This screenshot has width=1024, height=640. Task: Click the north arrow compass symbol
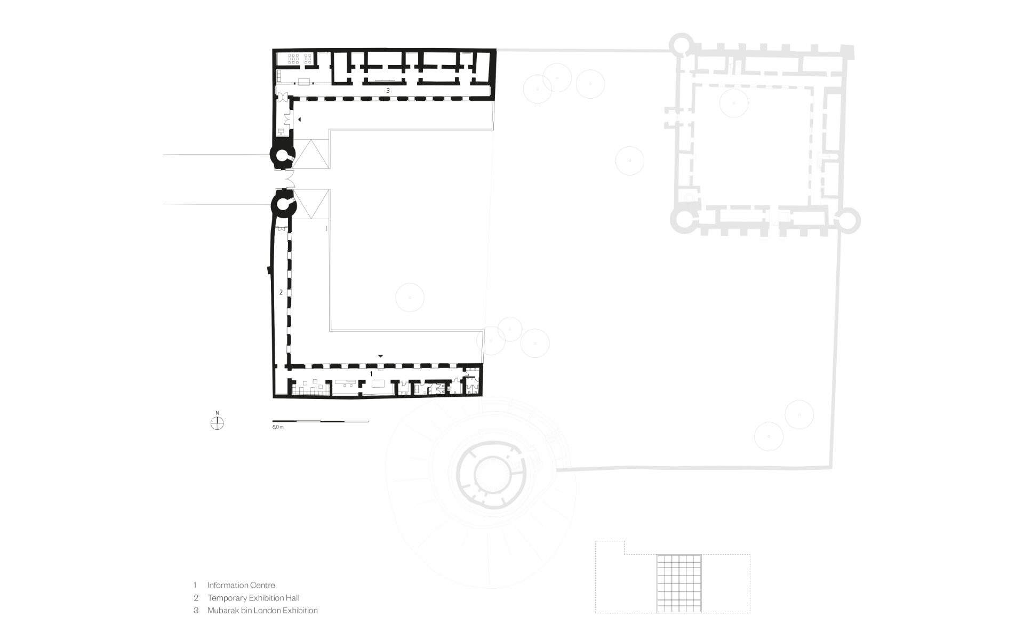(x=217, y=423)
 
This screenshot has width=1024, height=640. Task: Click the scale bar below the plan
(x=320, y=421)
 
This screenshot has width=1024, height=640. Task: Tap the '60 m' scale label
(x=278, y=428)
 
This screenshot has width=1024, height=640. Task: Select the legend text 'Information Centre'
(x=241, y=585)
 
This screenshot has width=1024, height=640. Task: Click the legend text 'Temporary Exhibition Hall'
(x=253, y=598)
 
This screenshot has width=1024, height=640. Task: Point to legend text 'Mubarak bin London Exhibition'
(x=262, y=611)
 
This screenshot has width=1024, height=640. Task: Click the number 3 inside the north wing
(x=388, y=91)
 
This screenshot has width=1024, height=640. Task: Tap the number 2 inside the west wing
(x=281, y=292)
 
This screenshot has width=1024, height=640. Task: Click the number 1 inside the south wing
(x=371, y=374)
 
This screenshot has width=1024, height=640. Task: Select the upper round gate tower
(x=282, y=155)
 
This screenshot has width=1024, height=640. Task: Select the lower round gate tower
(x=283, y=205)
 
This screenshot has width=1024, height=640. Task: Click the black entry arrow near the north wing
(x=300, y=119)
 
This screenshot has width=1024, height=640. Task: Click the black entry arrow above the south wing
(x=381, y=356)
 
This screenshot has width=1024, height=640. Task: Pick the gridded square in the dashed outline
(x=679, y=583)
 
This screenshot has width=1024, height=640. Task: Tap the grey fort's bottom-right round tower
(x=845, y=220)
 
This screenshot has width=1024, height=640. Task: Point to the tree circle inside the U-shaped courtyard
(x=410, y=297)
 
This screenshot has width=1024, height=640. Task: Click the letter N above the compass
(x=217, y=413)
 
